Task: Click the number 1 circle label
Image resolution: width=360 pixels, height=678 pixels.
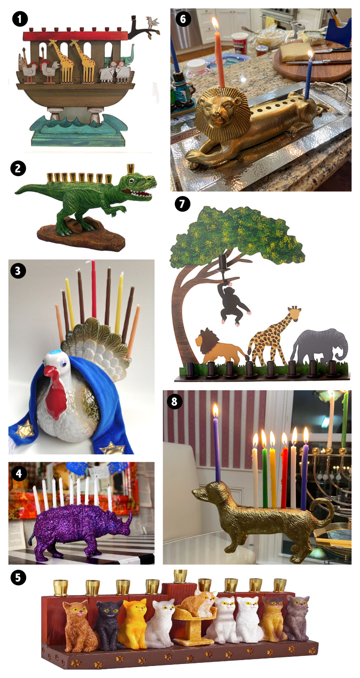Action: point(20,19)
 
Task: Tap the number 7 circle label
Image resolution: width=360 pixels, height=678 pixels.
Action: point(182,204)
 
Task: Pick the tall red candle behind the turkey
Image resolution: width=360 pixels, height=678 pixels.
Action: point(94,288)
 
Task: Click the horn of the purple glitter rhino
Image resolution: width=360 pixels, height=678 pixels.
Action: point(128,519)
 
